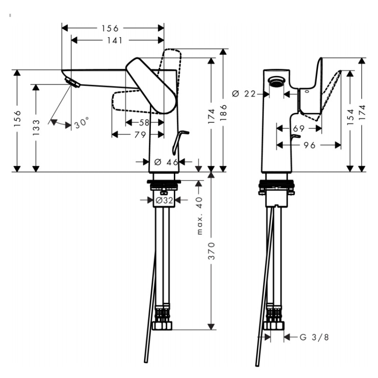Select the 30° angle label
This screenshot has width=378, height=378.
pyautogui.click(x=81, y=123)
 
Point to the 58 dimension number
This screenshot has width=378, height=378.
pyautogui.click(x=144, y=122)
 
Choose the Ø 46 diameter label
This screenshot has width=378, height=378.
pyautogui.click(x=166, y=162)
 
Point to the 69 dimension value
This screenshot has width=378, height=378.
pyautogui.click(x=299, y=129)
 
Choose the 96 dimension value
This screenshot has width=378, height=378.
pyautogui.click(x=309, y=146)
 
